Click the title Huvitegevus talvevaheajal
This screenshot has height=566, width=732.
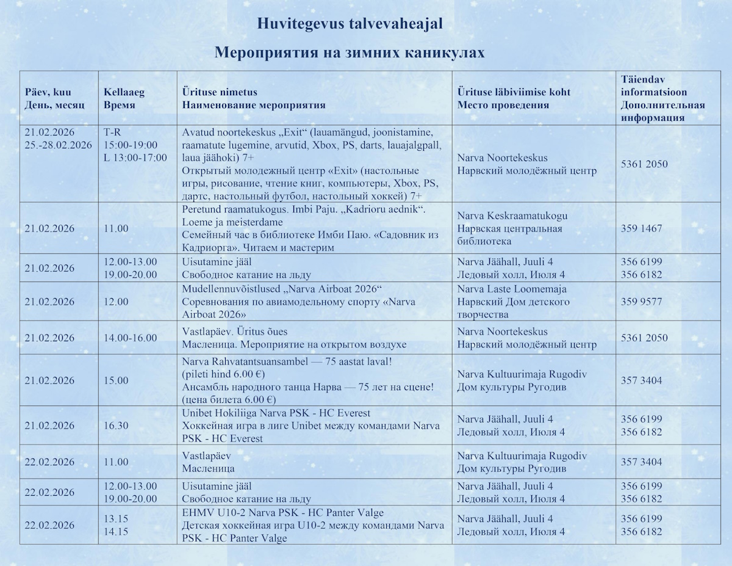point(350,24)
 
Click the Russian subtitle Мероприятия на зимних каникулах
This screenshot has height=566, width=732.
point(350,53)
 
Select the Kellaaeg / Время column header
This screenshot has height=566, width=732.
point(124,98)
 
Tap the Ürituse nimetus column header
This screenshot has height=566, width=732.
point(254,98)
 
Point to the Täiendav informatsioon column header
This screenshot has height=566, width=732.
point(662,98)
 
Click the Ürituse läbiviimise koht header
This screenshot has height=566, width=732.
point(514,98)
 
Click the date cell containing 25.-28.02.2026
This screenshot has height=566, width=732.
point(58,145)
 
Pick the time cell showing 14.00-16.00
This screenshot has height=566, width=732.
point(130,338)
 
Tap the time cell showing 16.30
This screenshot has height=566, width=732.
point(116,425)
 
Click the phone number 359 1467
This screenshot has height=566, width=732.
point(641,228)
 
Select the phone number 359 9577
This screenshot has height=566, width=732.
point(641,302)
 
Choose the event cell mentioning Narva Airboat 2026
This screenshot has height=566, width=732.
point(293,302)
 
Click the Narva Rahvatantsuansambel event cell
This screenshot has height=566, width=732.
point(307,380)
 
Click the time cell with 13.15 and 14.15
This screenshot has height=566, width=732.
point(116,525)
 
